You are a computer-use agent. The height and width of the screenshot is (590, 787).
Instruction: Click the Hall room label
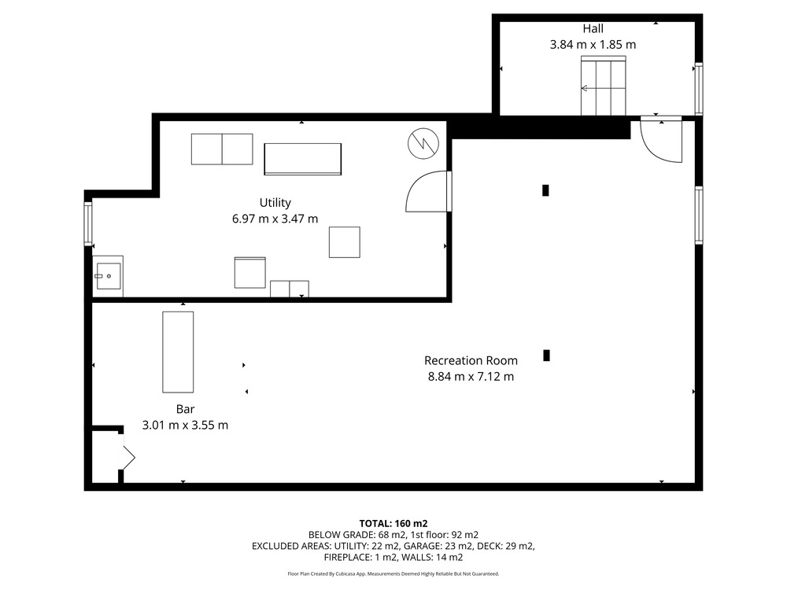click(x=593, y=28)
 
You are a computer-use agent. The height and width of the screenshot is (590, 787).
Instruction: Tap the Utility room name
click(x=275, y=203)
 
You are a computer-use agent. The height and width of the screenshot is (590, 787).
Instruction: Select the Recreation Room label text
click(x=471, y=360)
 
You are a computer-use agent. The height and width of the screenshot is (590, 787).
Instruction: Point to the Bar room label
click(x=185, y=409)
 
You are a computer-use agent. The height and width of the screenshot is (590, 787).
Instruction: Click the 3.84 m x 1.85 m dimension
click(x=593, y=45)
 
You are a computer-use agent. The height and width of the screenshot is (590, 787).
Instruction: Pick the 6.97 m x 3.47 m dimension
click(x=275, y=219)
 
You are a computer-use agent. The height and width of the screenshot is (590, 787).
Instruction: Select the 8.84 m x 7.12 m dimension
click(x=471, y=376)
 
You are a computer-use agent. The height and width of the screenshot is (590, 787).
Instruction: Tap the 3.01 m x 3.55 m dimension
click(x=185, y=425)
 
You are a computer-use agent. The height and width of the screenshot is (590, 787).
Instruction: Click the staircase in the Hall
click(x=604, y=86)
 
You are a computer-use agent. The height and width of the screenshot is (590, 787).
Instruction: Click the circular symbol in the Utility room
click(x=423, y=143)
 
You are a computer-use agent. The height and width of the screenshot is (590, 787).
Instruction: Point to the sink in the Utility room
click(x=108, y=275)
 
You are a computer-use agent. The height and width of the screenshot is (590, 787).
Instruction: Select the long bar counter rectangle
click(x=178, y=352)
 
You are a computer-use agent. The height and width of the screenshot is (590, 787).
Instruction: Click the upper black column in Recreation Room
click(x=545, y=190)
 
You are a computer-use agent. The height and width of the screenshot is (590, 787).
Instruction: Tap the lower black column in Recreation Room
click(x=547, y=356)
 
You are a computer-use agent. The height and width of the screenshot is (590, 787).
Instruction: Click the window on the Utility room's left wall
click(x=88, y=223)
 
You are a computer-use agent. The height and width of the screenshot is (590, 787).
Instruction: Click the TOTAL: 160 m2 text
click(x=393, y=524)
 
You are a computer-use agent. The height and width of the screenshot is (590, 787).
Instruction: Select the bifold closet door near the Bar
click(x=129, y=452)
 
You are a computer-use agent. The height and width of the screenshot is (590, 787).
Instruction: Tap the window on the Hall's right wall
click(x=698, y=90)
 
